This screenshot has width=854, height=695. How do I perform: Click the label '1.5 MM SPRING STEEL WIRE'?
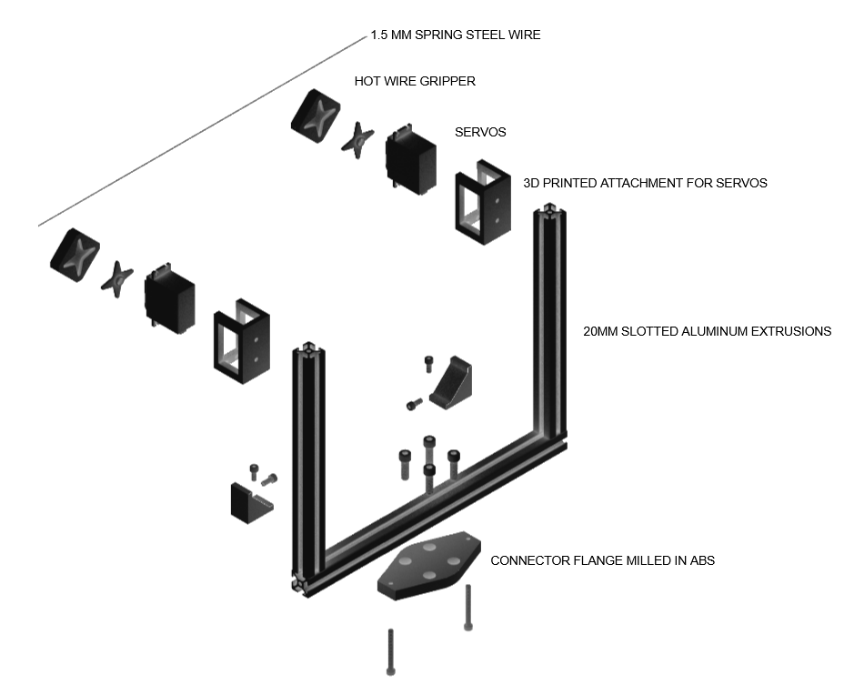[455, 35]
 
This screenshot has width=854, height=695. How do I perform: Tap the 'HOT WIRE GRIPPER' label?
[415, 81]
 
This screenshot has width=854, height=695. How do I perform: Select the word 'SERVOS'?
[480, 132]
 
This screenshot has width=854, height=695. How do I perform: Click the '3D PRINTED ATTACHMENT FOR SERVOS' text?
[645, 183]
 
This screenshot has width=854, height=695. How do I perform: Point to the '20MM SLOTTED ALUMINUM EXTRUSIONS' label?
[707, 332]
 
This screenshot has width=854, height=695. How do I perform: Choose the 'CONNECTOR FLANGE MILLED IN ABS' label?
[602, 560]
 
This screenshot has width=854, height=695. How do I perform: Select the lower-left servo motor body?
[170, 298]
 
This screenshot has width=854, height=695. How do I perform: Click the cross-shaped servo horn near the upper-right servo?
[358, 138]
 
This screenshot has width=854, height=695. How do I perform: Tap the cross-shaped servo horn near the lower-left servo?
[117, 277]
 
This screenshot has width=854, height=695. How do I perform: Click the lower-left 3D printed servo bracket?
[241, 340]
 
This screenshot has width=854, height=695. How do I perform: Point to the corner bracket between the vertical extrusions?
[452, 382]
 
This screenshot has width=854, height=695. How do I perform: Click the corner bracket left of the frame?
[250, 501]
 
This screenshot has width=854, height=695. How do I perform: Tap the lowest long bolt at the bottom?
[390, 651]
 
